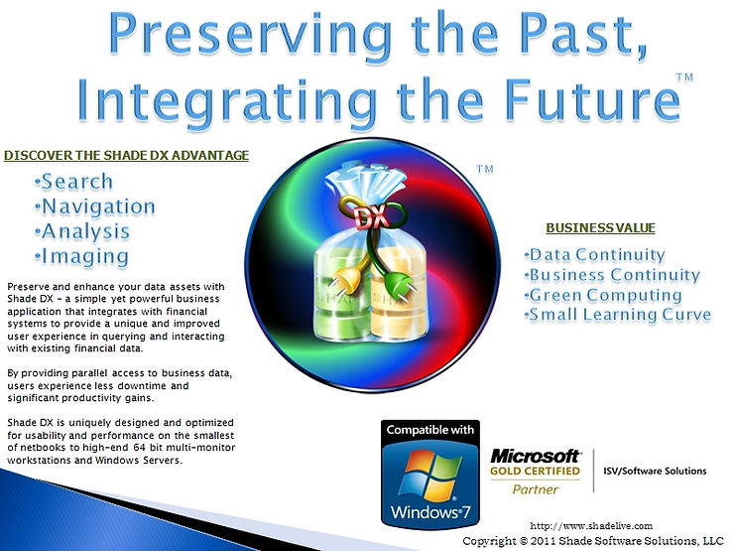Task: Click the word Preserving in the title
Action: (250, 37)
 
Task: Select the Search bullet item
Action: (74, 182)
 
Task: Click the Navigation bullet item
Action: (95, 207)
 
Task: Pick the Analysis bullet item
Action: (82, 231)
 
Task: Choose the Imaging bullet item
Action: (82, 257)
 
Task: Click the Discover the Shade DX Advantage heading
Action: (126, 156)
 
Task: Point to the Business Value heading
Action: (600, 228)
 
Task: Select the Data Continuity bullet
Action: (595, 255)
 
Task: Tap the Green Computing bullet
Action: (603, 295)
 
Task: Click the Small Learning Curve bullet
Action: (618, 315)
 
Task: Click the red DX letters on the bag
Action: (371, 217)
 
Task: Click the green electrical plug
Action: (398, 285)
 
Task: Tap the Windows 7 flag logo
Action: (429, 476)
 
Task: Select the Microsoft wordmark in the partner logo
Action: (535, 457)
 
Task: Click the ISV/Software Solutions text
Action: (655, 471)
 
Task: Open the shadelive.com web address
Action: (591, 526)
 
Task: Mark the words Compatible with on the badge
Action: (430, 430)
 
